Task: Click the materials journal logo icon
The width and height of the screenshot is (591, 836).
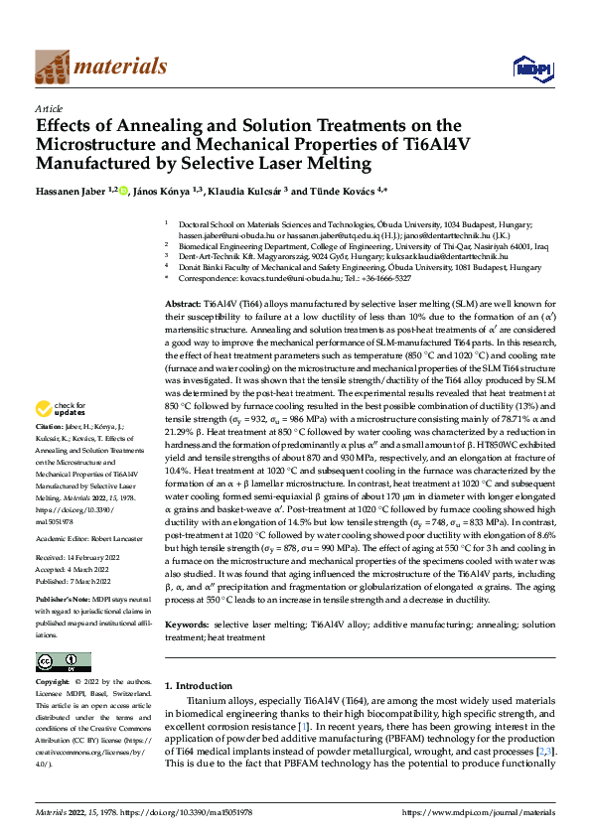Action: click(x=54, y=66)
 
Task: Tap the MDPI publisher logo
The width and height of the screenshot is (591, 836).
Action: click(x=527, y=68)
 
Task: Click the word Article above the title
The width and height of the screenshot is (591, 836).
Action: click(x=49, y=108)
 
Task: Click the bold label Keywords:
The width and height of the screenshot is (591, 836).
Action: click(x=188, y=624)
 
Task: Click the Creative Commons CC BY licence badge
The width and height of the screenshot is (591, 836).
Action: click(x=63, y=662)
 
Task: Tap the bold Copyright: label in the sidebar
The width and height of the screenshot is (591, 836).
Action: click(x=54, y=683)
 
